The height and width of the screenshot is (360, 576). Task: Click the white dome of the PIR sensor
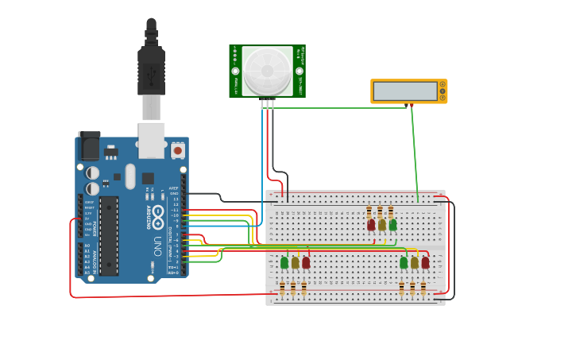[x=267, y=70]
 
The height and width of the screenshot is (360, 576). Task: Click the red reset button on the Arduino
[x=178, y=149]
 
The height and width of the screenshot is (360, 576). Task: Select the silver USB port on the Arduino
[x=152, y=139]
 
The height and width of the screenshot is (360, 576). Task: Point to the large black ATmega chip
[x=109, y=235]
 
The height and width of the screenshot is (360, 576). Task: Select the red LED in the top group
[x=371, y=225]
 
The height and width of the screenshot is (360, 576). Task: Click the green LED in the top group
[x=392, y=225]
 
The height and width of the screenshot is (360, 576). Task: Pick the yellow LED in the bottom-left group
[x=295, y=262]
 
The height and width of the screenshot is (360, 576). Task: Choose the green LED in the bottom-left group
[x=284, y=262]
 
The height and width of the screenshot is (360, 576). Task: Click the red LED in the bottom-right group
[x=425, y=262]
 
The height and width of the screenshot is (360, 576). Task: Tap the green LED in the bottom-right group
[x=404, y=262]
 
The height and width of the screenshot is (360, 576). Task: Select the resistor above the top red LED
[x=369, y=211]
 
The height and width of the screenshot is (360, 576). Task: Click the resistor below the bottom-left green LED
[x=282, y=288]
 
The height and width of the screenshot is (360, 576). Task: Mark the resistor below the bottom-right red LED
[x=423, y=288]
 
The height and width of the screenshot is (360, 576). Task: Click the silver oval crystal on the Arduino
[x=130, y=176]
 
